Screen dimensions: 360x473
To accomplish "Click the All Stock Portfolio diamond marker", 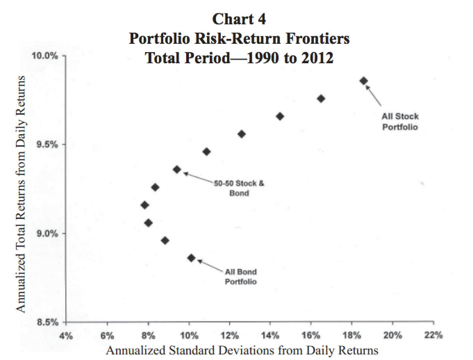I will point(364,81).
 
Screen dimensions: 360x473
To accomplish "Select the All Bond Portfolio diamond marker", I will point(191,258).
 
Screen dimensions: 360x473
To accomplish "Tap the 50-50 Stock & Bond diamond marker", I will point(177,170).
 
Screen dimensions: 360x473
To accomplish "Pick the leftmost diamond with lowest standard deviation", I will point(145,205).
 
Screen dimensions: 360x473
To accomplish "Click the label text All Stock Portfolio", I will point(400,122).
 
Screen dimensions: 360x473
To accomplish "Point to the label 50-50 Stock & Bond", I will point(239,188).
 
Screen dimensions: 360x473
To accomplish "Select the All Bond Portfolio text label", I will point(241,277).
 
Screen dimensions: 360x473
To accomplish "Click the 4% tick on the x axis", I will point(66,336).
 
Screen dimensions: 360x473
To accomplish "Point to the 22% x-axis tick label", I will point(434,335).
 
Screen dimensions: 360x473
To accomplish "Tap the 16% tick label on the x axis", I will point(311,336).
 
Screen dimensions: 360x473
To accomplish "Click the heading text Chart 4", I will point(239,19).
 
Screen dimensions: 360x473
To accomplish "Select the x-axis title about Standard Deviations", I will point(242,350).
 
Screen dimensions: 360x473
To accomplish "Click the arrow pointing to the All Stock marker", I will point(374,96).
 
